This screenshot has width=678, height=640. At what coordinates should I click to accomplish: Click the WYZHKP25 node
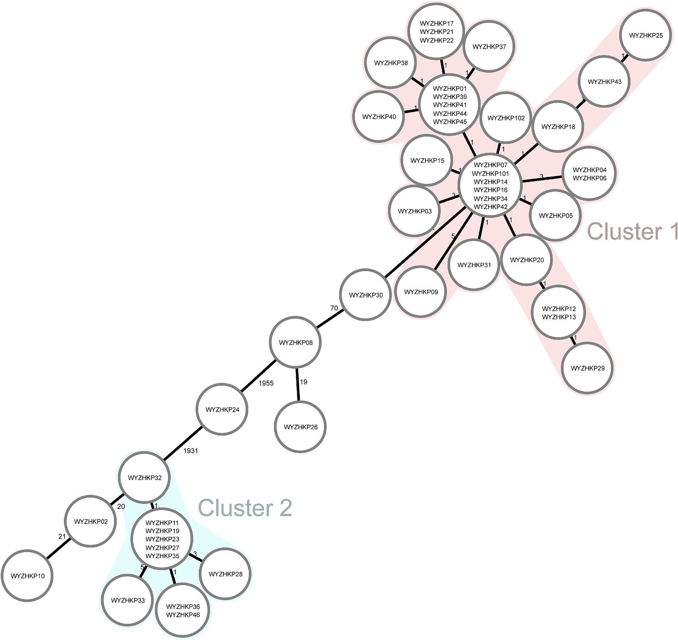646,36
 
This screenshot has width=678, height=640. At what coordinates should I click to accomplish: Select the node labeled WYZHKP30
366,295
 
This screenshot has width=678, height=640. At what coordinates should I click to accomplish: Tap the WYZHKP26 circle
300,427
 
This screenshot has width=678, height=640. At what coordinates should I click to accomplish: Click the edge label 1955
266,383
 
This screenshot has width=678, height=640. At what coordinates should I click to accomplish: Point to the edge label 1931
190,451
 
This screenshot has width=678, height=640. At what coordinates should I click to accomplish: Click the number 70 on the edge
334,308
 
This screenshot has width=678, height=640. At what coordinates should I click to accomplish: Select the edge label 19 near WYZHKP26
303,382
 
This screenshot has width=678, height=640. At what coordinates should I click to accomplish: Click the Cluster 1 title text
632,231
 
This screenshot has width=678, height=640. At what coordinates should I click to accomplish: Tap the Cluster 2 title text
245,508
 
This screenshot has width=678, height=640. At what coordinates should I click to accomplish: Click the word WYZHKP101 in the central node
490,174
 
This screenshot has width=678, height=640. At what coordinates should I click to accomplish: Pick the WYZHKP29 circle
588,368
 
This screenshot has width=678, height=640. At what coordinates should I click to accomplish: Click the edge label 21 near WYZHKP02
62,537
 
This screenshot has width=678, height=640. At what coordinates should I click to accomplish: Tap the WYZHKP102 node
506,118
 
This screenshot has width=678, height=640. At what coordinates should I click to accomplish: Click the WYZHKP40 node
379,117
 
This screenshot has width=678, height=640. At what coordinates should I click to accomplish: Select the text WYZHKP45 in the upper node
450,122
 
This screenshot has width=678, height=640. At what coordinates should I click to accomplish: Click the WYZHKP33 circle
128,601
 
